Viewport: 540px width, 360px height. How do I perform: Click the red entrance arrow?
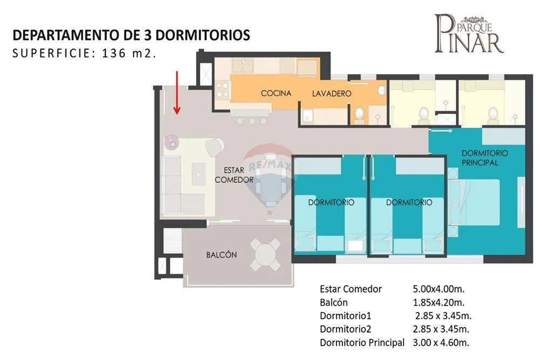[177, 93]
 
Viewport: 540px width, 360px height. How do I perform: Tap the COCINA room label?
[276, 93]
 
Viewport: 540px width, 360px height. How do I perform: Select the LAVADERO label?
[332, 93]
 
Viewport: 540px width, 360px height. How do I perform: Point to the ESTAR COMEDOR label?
[234, 175]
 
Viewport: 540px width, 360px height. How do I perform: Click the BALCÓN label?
[221, 255]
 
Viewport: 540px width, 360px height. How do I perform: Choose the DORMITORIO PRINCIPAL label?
[484, 158]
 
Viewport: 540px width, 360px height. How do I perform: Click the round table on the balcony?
[266, 255]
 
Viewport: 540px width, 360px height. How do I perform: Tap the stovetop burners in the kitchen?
[222, 89]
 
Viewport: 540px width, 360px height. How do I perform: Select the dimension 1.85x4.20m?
[438, 303]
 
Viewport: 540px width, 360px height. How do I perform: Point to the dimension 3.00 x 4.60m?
[441, 342]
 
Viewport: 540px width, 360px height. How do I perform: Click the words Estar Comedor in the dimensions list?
[350, 289]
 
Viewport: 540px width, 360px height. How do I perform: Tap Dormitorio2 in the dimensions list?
[346, 329]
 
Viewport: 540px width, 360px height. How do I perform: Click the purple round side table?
[172, 142]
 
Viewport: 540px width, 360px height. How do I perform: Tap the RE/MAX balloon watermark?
[268, 175]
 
